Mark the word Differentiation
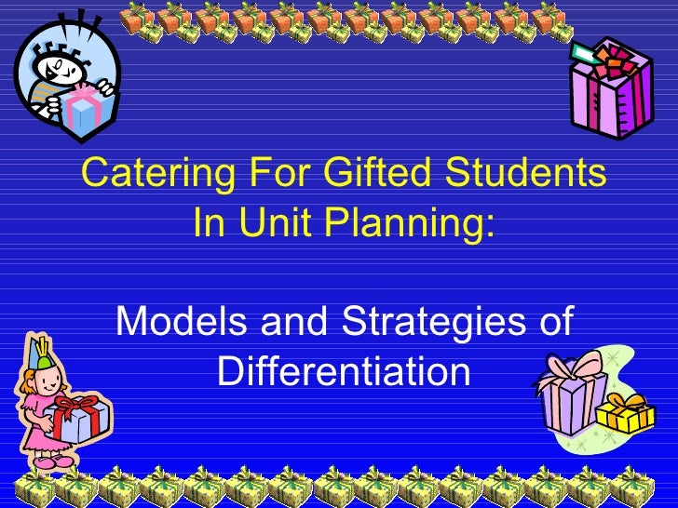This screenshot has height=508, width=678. coord(343,372)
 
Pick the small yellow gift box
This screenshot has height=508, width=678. coord(625,413)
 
